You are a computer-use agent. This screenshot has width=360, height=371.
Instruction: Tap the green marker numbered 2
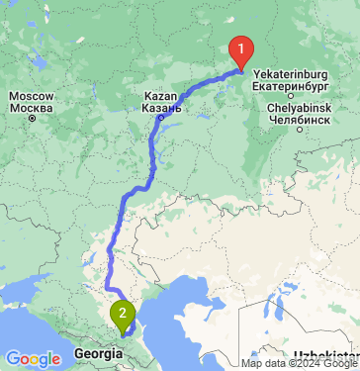coord(123,315)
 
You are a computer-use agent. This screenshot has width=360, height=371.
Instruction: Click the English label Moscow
coord(32,95)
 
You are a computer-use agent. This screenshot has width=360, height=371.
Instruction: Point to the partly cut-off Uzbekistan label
coord(326,354)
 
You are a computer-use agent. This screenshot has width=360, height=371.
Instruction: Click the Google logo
coord(33,358)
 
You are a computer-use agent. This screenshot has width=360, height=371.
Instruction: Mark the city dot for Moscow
coord(32,118)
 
